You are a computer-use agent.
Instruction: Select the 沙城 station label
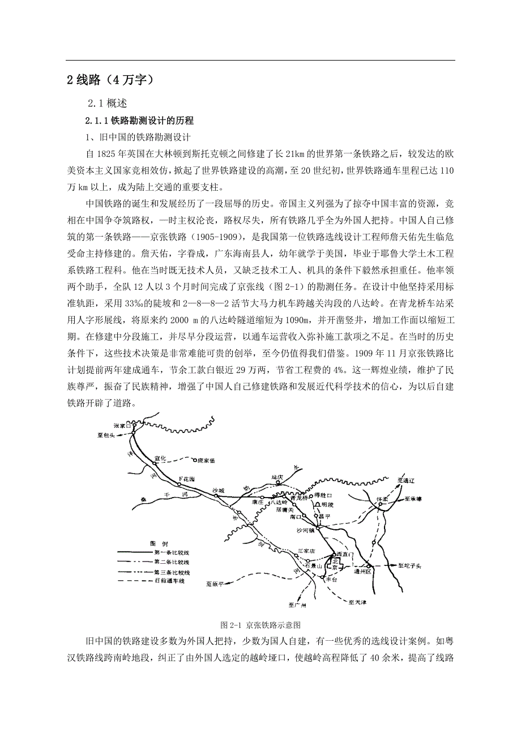click(218, 490)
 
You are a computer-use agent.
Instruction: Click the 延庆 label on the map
click(276, 477)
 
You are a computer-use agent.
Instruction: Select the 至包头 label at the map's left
click(105, 435)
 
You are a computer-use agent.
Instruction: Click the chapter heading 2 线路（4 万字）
click(110, 80)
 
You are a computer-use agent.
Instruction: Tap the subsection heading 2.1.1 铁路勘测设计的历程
click(139, 121)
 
